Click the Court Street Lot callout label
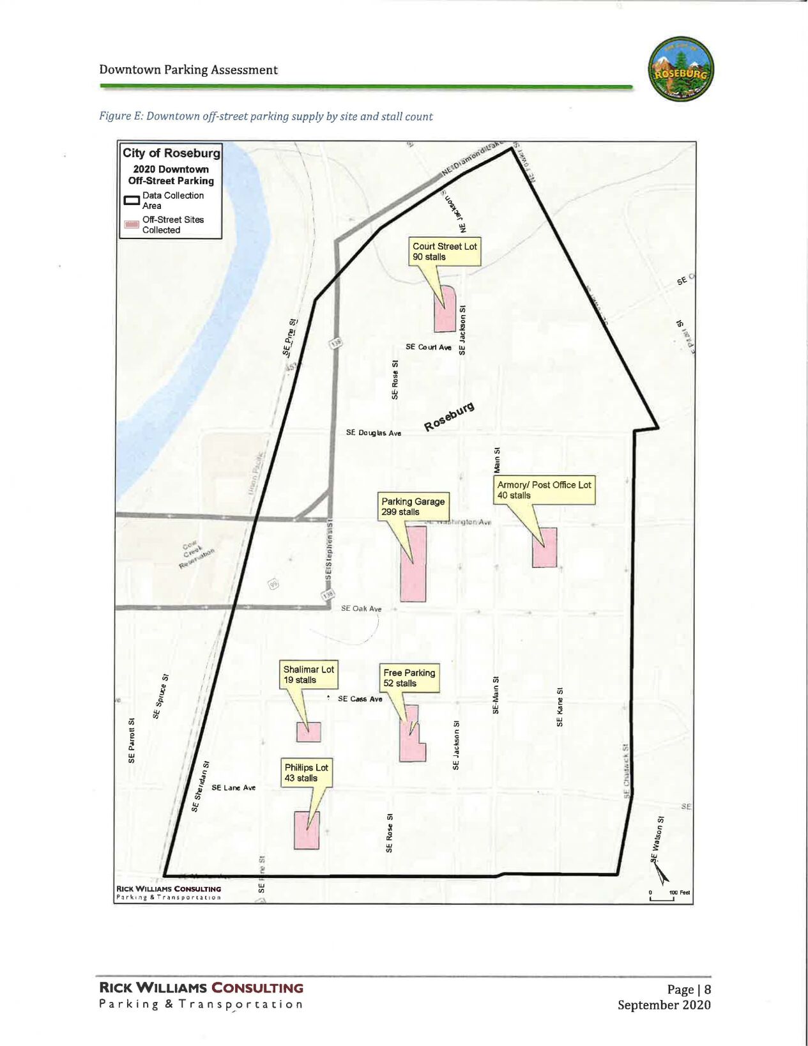[445, 252]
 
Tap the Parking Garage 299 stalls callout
[413, 507]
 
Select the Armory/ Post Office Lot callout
[544, 490]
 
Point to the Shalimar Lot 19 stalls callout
[309, 675]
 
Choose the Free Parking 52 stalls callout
[409, 678]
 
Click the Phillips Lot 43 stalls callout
[306, 773]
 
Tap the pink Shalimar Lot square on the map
[309, 731]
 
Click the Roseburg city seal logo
[681, 69]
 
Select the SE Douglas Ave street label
[374, 433]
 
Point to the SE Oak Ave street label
[361, 609]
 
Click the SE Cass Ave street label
[360, 699]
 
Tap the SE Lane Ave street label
[233, 788]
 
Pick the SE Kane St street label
[560, 707]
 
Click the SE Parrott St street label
[132, 740]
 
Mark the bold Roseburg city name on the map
[450, 416]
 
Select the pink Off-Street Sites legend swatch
[132, 225]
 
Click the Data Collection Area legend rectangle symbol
[132, 201]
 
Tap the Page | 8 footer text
[689, 990]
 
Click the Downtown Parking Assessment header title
[188, 70]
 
